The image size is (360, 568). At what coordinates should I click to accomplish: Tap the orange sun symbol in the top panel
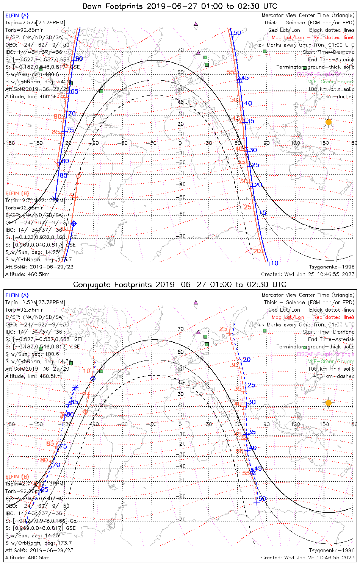point(329,122)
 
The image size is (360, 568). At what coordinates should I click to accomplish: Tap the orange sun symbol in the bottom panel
point(329,403)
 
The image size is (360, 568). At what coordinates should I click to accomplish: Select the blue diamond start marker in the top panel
point(74,224)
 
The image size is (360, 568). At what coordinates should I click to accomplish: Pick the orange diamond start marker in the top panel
point(78,176)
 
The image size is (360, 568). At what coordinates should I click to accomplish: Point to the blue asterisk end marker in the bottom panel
point(75,387)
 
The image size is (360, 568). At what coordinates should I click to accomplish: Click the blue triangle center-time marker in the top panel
point(239,80)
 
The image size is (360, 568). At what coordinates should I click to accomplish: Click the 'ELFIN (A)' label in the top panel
point(17,16)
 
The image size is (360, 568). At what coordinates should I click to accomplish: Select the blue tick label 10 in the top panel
point(275,263)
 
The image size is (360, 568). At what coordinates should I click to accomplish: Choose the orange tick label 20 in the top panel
point(257,251)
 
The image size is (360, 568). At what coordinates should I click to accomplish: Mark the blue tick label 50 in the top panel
point(237,33)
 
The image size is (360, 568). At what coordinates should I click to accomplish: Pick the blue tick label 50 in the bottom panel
point(262,499)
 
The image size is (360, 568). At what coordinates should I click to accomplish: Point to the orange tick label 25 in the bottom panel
point(223,329)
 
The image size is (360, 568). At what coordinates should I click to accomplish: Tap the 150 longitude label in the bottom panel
point(324,424)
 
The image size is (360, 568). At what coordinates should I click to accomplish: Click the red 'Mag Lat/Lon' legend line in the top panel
point(313,37)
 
